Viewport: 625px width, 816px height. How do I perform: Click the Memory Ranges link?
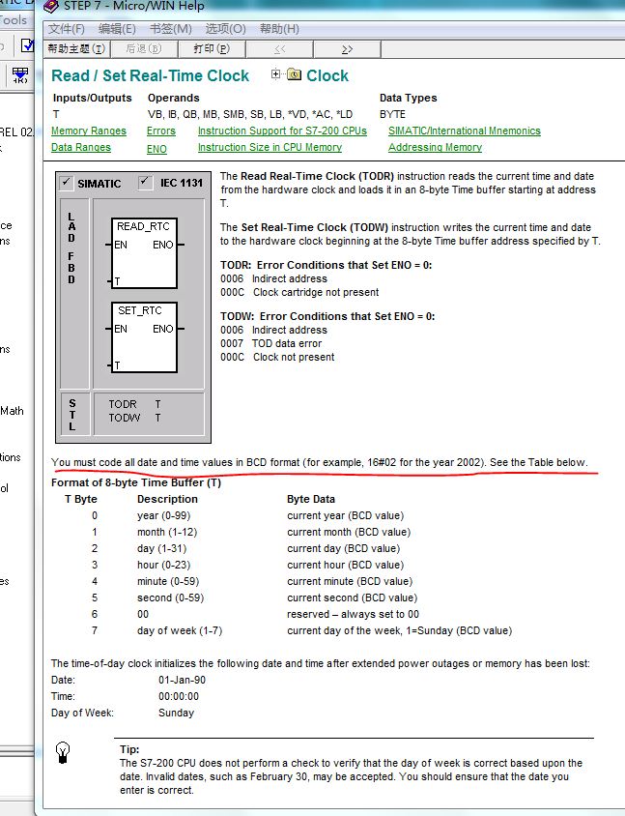pyautogui.click(x=88, y=131)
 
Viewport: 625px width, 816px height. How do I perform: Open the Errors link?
pyautogui.click(x=161, y=131)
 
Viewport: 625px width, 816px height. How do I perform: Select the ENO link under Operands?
pyautogui.click(x=156, y=149)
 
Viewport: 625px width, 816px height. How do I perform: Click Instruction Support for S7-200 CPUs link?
pyautogui.click(x=282, y=131)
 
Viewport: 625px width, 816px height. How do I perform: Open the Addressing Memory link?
pyautogui.click(x=435, y=148)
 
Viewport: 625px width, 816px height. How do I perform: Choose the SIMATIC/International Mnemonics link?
pyautogui.click(x=464, y=131)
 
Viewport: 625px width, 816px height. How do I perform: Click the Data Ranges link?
pyautogui.click(x=81, y=148)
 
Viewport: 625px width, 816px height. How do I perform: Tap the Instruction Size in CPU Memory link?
pyautogui.click(x=270, y=148)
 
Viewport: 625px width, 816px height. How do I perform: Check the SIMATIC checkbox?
pyautogui.click(x=66, y=183)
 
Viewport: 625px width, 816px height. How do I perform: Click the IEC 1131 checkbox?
pyautogui.click(x=145, y=182)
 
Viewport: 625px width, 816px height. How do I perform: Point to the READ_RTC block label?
pyautogui.click(x=143, y=226)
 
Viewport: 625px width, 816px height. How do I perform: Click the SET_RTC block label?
pyautogui.click(x=140, y=310)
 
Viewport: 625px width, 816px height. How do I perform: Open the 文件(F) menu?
pyautogui.click(x=67, y=29)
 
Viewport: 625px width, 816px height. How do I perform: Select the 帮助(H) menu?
pyautogui.click(x=279, y=29)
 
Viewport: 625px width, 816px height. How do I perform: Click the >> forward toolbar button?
pyautogui.click(x=347, y=48)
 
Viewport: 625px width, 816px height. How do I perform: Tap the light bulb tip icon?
pyautogui.click(x=63, y=751)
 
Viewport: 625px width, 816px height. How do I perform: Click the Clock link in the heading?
pyautogui.click(x=327, y=75)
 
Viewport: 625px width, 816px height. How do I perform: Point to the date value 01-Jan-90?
pyautogui.click(x=182, y=680)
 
